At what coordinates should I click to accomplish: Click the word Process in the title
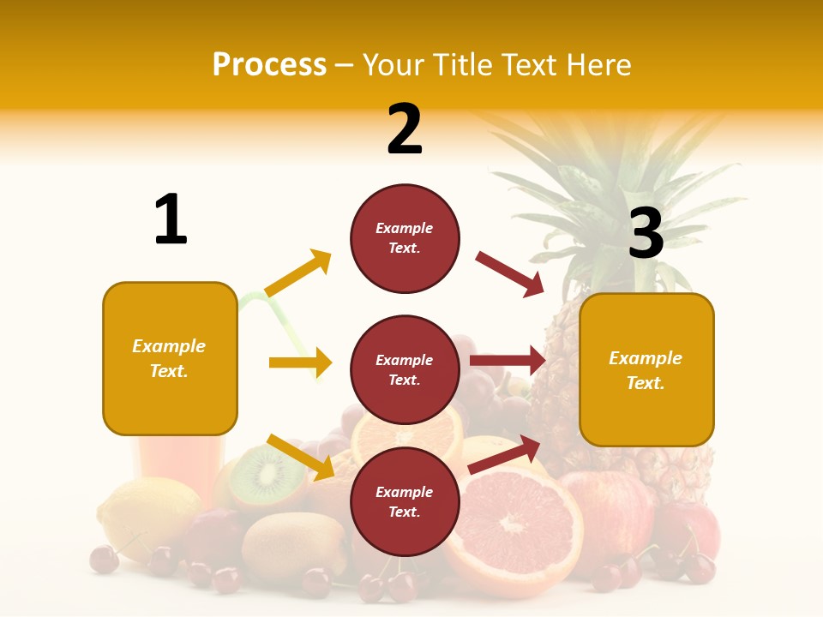(269, 64)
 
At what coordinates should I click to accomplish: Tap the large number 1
(171, 219)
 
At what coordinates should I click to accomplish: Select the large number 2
(405, 129)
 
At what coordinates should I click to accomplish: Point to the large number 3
(646, 233)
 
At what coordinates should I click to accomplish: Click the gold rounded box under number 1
(170, 358)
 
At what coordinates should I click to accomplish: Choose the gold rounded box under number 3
(646, 369)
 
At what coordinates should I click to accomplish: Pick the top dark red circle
(405, 238)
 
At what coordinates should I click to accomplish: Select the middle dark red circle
(405, 369)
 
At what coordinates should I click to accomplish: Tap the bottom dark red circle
(405, 501)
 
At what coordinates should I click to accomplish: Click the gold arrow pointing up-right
(298, 273)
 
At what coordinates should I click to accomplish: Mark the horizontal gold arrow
(300, 362)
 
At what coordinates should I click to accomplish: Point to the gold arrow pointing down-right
(301, 457)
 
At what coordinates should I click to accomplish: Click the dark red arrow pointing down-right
(510, 274)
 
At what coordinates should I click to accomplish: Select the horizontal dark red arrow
(508, 361)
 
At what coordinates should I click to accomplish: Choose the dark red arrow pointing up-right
(505, 454)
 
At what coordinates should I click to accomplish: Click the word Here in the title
(599, 64)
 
